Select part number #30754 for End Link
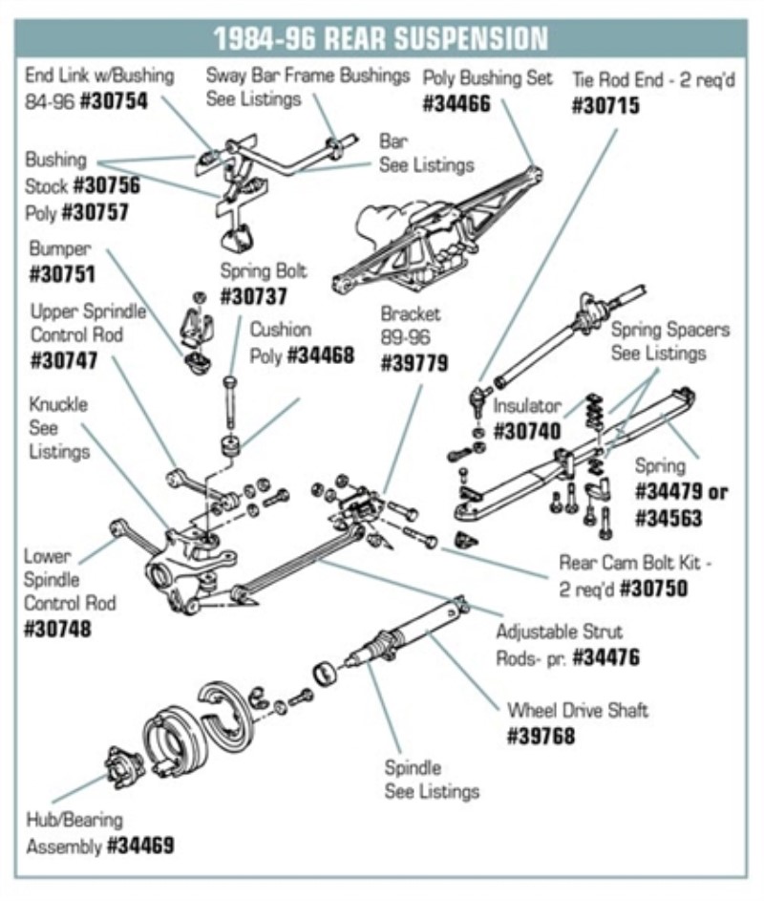coord(115,99)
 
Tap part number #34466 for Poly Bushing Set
coord(456,103)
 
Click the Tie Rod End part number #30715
coord(605,105)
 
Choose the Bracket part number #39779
coord(414,363)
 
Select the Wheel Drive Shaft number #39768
coord(541,737)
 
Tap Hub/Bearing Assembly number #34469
coord(139,846)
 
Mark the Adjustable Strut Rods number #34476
coord(605,657)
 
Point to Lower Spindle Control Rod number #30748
coord(57,629)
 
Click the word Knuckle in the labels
coord(57,404)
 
